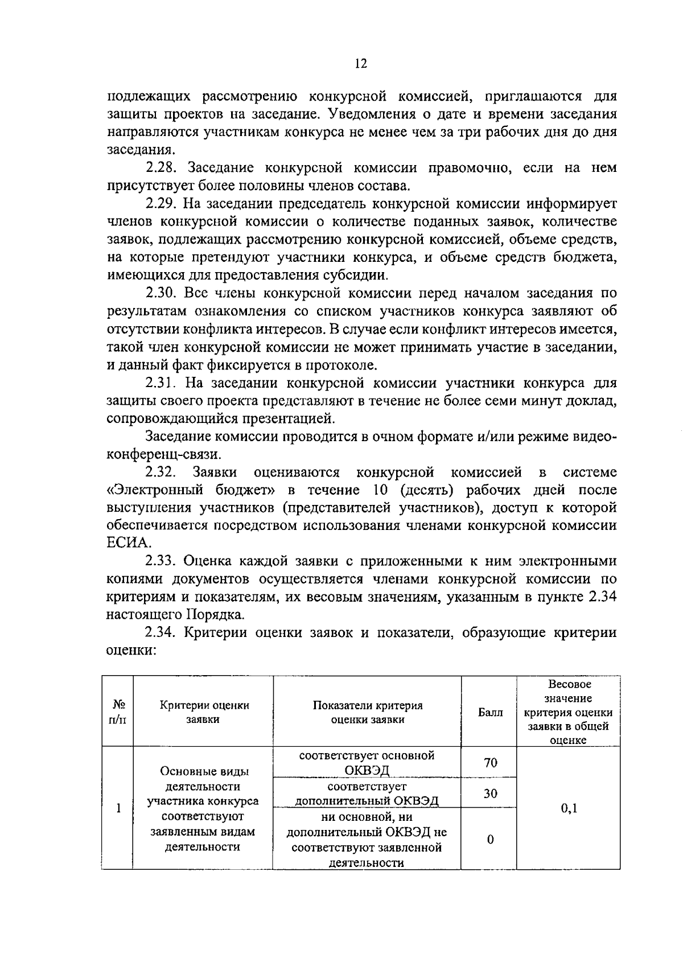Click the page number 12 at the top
click(361, 64)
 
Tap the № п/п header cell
click(118, 712)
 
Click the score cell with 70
click(490, 762)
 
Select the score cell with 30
click(490, 793)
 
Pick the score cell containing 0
click(490, 840)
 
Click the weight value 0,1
click(569, 808)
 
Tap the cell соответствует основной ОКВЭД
click(367, 763)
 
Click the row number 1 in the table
click(118, 808)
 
